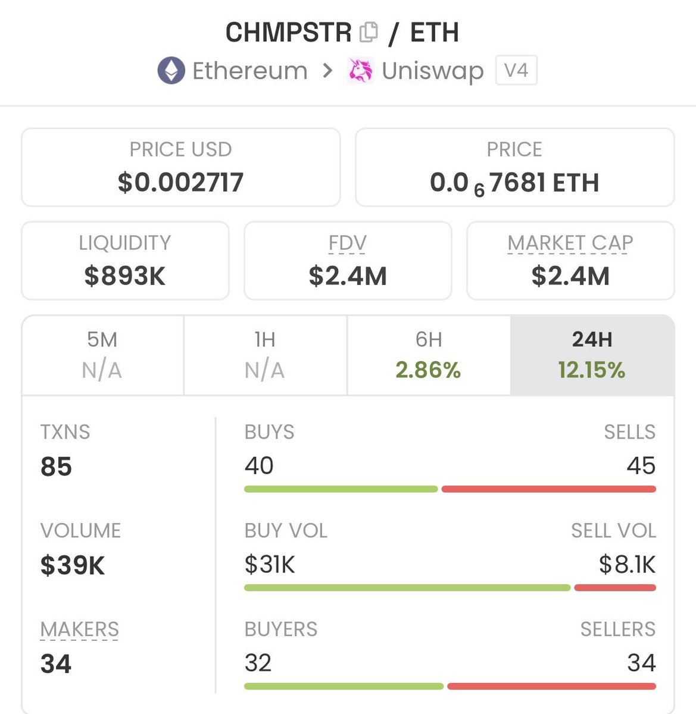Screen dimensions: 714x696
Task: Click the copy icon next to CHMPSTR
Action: click(x=369, y=32)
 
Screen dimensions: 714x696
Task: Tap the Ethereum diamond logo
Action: click(x=171, y=71)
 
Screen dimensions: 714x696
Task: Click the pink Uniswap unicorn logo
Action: click(x=360, y=71)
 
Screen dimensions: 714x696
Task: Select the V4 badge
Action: click(x=516, y=71)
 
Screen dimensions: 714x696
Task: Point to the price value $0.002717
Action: click(x=180, y=182)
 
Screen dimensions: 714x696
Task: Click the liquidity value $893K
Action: click(x=125, y=275)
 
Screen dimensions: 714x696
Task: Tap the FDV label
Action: click(x=348, y=243)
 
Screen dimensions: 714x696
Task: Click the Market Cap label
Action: click(x=570, y=243)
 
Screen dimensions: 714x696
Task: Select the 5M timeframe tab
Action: click(x=102, y=355)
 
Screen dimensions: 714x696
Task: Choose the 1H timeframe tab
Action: click(x=265, y=355)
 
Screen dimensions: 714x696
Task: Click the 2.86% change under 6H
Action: click(x=428, y=370)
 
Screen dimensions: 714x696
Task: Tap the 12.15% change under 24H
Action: click(x=592, y=370)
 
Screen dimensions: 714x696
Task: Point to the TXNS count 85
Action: click(x=56, y=466)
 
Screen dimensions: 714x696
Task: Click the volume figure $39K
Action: click(x=73, y=565)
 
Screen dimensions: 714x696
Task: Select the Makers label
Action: click(x=80, y=629)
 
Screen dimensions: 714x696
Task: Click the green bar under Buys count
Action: click(x=341, y=489)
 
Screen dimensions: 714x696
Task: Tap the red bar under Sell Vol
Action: click(x=615, y=588)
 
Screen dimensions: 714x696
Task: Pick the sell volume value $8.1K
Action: click(x=627, y=565)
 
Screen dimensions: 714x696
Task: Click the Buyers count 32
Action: click(x=258, y=663)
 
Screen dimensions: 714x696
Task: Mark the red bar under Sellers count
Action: click(x=551, y=686)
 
